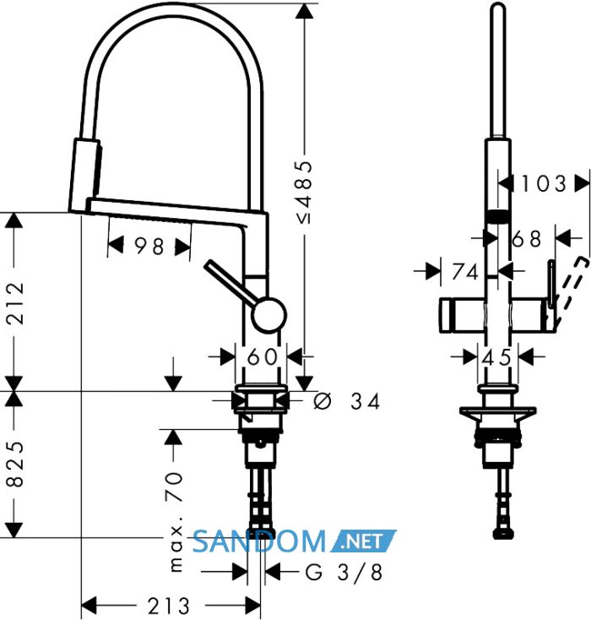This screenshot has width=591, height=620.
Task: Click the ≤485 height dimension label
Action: point(305,193)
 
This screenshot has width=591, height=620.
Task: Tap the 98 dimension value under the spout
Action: point(149,247)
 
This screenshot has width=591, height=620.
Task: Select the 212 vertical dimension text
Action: point(16,303)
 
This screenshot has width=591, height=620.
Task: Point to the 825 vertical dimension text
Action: point(16,464)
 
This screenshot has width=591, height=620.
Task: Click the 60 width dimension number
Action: point(262,356)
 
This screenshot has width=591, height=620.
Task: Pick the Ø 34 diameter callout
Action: point(347,402)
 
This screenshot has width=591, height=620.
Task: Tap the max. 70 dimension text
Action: point(176,522)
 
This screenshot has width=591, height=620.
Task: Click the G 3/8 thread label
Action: point(344,572)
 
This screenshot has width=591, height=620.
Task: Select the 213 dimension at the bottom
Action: point(168,606)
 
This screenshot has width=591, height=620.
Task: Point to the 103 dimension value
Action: point(545,184)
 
